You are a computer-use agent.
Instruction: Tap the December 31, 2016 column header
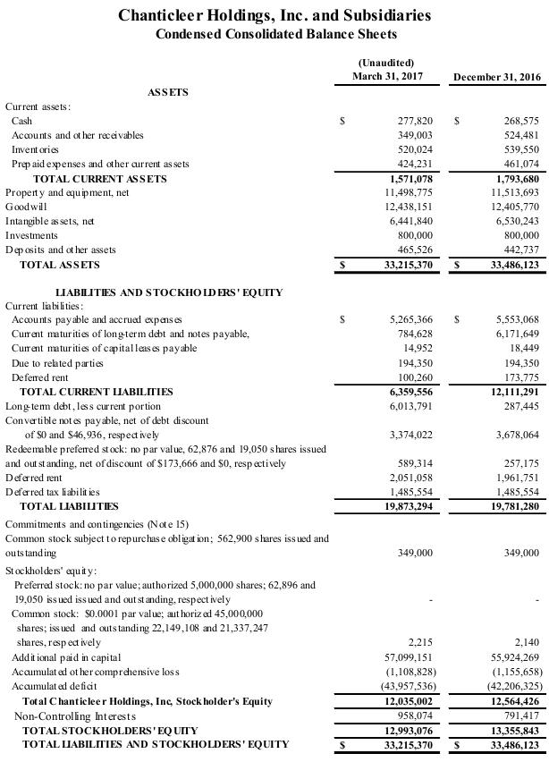point(499,77)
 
